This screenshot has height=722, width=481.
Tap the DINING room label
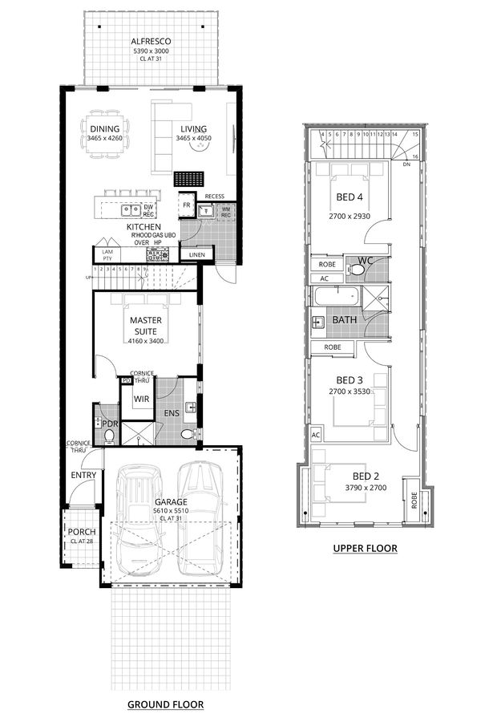coord(105,129)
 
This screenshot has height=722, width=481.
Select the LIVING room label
coord(193,129)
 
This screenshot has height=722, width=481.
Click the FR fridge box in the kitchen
coord(186,205)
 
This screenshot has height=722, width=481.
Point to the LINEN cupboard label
coord(197,255)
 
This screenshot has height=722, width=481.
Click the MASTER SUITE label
coord(147,325)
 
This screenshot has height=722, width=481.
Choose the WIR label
coord(142,398)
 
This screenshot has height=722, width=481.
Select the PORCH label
coord(82,531)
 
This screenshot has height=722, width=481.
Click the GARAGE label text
coord(171,501)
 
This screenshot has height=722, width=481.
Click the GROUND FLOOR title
coord(165,704)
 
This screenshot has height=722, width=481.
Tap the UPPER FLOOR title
coord(365,548)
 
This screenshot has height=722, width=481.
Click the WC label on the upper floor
coord(365,260)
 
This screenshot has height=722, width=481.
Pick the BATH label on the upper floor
coord(345,320)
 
